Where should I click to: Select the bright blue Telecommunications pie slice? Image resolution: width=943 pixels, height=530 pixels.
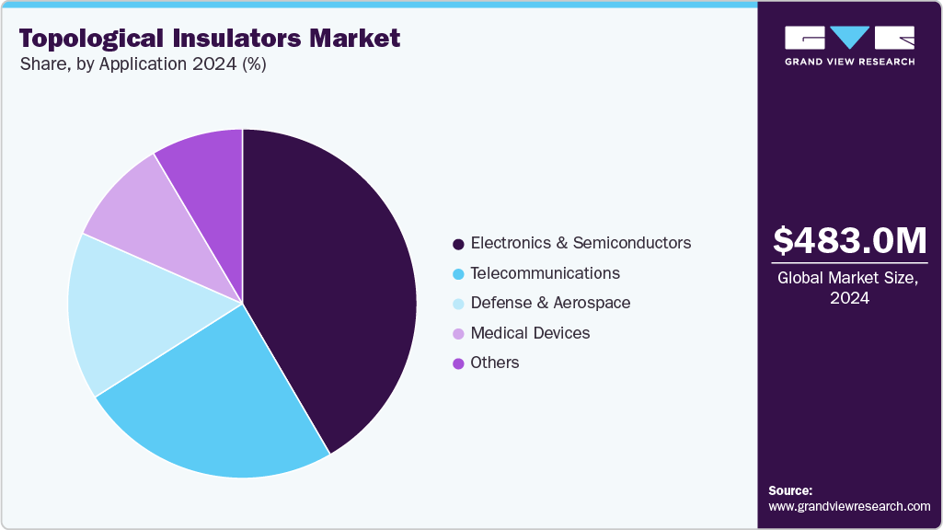pyautogui.click(x=221, y=405)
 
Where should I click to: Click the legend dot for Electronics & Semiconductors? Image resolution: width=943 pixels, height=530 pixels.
pyautogui.click(x=457, y=244)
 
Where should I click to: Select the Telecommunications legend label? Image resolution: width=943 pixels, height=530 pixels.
pyautogui.click(x=545, y=273)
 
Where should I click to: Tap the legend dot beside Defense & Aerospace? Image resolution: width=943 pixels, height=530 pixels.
pyautogui.click(x=457, y=304)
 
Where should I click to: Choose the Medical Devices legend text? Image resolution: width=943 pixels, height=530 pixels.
pyautogui.click(x=530, y=332)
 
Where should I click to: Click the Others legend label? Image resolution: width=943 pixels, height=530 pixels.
pyautogui.click(x=495, y=363)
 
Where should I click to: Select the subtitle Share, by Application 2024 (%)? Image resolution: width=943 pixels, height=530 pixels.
pyautogui.click(x=143, y=65)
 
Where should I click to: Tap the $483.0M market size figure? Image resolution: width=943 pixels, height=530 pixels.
pyautogui.click(x=849, y=240)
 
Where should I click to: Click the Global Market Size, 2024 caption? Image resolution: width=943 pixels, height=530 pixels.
pyautogui.click(x=849, y=288)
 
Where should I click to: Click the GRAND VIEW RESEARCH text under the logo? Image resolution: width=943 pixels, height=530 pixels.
pyautogui.click(x=849, y=62)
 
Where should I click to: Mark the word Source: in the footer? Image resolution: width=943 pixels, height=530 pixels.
pyautogui.click(x=790, y=490)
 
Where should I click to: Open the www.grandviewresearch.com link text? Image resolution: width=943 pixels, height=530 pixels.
pyautogui.click(x=849, y=506)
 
